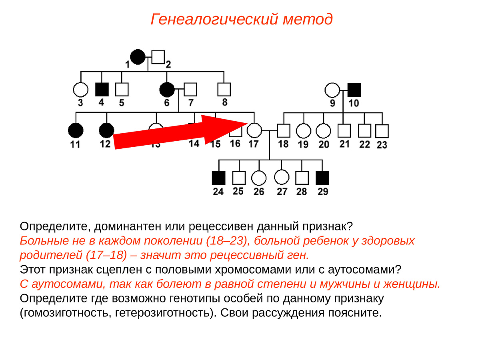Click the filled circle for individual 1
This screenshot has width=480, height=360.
coord(138,57)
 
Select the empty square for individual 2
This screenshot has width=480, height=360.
coord(158,57)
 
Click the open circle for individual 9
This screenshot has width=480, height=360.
coord(332,90)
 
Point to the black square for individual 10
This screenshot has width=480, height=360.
coord(354,90)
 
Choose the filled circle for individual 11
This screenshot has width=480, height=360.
coord(75,130)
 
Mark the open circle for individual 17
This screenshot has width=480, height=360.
coord(254,130)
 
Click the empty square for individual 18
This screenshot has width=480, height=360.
coord(284,130)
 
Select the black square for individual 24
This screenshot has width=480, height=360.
coord(218,178)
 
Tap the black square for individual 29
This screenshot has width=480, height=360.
coord(322,178)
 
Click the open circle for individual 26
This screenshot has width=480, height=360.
coord(259,178)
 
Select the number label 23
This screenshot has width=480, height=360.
coord(382,145)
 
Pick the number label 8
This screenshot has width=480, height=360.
coord(224,102)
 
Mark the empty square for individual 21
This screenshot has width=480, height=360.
coord(344,130)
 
